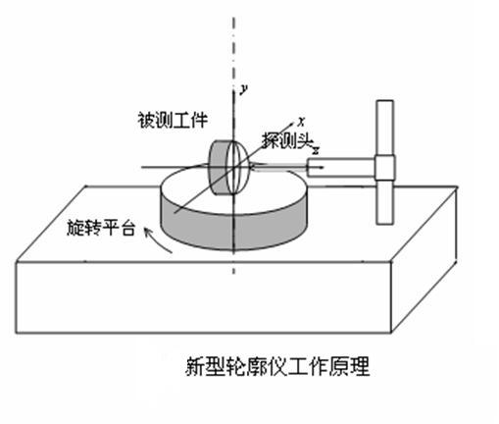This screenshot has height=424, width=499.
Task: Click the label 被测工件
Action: [x=173, y=121]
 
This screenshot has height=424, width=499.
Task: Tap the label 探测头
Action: [x=287, y=141]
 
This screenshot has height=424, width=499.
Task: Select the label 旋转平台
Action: [x=101, y=228]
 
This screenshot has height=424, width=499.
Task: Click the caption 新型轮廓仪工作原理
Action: [x=277, y=366]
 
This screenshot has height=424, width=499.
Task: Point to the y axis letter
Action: [x=243, y=89]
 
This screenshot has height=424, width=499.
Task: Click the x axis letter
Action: [x=301, y=123]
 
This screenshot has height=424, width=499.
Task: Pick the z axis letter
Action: [x=316, y=150]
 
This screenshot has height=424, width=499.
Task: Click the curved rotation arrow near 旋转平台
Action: [x=157, y=239]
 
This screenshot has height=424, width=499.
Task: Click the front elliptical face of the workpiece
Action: [x=237, y=168]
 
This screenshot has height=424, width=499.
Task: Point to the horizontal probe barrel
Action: [x=340, y=168]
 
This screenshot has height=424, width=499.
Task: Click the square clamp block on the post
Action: [x=384, y=168]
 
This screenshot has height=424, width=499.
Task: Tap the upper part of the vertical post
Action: [x=384, y=128]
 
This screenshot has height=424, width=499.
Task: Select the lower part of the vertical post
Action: [x=384, y=202]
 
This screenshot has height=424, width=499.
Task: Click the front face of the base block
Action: [x=203, y=297]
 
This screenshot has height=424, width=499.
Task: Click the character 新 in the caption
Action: [x=195, y=366]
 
